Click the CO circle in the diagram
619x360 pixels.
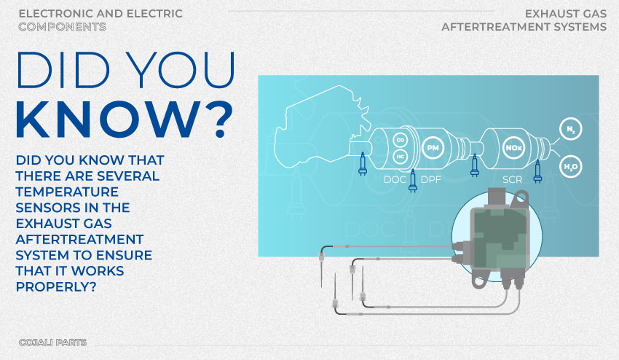tap(401, 140)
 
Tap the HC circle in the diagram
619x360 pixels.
tap(401, 157)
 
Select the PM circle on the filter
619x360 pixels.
tap(433, 148)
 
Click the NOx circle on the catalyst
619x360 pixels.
tap(513, 148)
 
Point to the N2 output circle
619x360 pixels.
tap(571, 129)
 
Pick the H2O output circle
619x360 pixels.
tap(571, 166)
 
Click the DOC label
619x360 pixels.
tap(395, 180)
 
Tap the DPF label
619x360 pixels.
tap(430, 180)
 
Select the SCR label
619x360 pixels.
tap(513, 180)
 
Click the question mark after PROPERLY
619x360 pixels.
tap(93, 287)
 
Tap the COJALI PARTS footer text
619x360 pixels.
tap(52, 343)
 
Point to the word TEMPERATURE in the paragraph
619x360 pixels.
tap(67, 192)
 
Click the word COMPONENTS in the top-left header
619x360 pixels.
tap(62, 26)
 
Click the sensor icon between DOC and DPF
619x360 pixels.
tap(413, 181)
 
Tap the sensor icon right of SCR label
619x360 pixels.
tap(537, 172)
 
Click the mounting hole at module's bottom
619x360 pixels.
tap(479, 282)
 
